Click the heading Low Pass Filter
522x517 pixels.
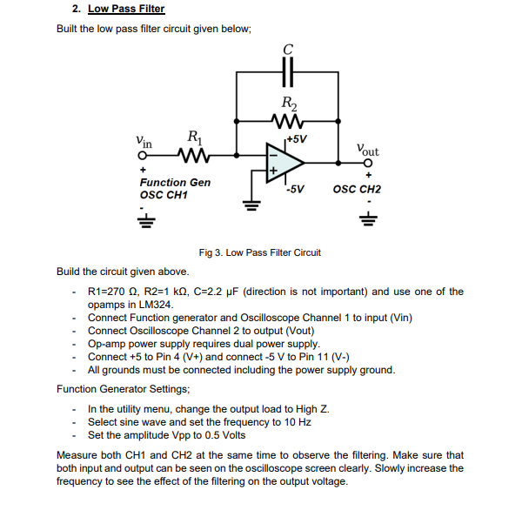coord(125,9)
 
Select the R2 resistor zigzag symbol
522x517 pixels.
coord(287,120)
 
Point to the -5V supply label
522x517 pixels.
coord(295,189)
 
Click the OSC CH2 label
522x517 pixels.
coord(357,189)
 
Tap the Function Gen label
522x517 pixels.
coord(175,182)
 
